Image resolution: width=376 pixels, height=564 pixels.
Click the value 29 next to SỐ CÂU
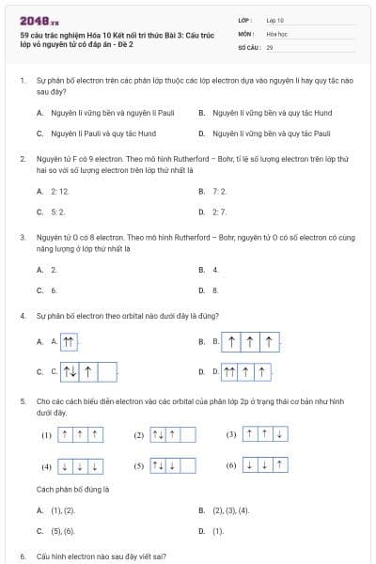tap(270, 46)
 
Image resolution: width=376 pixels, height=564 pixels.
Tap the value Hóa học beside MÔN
tap(275, 33)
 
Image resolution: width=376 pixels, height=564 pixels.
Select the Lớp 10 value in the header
tap(275, 19)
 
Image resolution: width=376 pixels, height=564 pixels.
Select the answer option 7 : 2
tap(220, 191)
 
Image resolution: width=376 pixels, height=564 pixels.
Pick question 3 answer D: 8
tap(216, 290)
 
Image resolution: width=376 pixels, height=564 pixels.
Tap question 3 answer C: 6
tap(55, 290)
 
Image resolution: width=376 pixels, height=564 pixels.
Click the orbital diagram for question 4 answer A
tap(70, 341)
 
